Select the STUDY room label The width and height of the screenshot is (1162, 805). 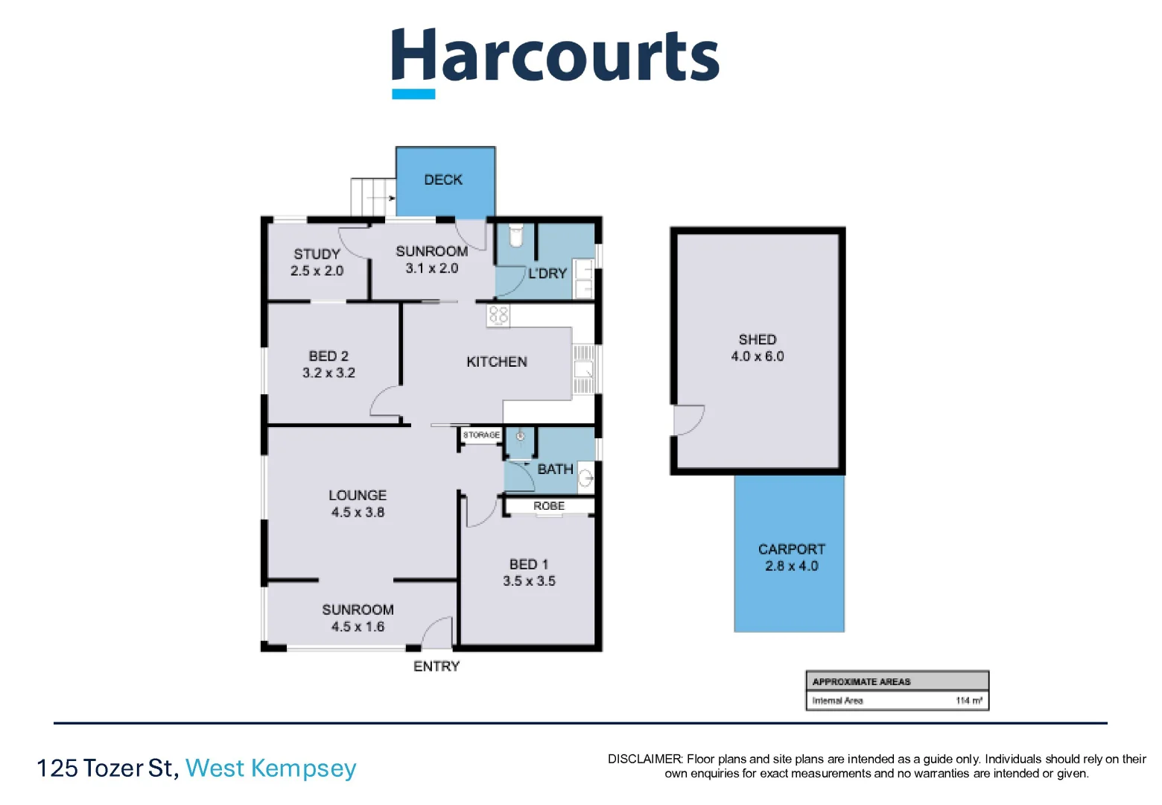click(x=317, y=254)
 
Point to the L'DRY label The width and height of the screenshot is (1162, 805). click(x=547, y=274)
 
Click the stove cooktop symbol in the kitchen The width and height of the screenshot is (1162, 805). click(x=498, y=315)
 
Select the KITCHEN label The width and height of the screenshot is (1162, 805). click(x=497, y=362)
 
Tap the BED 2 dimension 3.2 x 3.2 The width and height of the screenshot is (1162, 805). click(x=328, y=373)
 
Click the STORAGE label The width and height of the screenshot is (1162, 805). click(x=481, y=435)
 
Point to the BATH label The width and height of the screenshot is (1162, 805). click(x=555, y=470)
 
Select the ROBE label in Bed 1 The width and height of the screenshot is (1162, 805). click(x=549, y=506)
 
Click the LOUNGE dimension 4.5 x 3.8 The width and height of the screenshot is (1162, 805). click(x=358, y=513)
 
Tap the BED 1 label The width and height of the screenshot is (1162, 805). click(x=529, y=564)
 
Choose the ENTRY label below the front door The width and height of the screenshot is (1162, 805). click(x=436, y=666)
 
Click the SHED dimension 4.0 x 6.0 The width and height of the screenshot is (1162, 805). click(x=758, y=357)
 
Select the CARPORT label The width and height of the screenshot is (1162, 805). click(x=791, y=549)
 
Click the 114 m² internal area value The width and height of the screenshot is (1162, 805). click(x=968, y=701)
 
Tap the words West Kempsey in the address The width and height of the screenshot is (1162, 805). click(x=271, y=768)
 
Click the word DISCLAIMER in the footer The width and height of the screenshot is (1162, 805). click(x=644, y=760)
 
